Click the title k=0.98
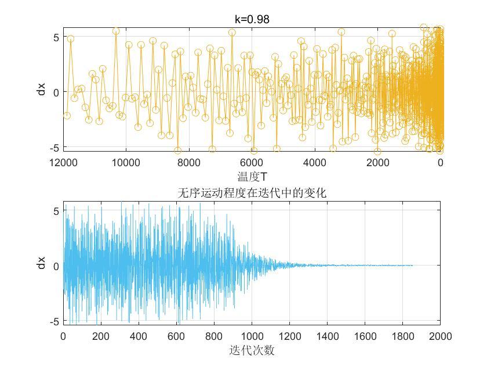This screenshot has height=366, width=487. (252, 19)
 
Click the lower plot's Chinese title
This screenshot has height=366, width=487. (252, 193)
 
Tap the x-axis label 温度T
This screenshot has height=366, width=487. (252, 177)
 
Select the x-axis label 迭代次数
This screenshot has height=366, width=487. (252, 350)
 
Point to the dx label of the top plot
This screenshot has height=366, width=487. (41, 89)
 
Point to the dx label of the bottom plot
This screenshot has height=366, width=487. (41, 263)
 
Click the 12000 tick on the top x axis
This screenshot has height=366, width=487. (63, 163)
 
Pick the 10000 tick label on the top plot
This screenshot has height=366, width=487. (126, 163)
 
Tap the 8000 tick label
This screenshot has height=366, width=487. (189, 163)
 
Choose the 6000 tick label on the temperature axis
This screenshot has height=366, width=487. (252, 163)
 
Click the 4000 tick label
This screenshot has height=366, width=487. (315, 163)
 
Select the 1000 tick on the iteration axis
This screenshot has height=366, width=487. (252, 336)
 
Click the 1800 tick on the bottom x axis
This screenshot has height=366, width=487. (403, 336)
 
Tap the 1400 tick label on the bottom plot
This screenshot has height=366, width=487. (328, 336)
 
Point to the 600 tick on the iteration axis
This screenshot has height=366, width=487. (176, 336)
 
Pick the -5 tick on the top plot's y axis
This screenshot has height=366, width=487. (54, 148)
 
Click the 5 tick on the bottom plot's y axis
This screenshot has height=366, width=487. (56, 211)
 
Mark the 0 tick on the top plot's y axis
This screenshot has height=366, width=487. (56, 92)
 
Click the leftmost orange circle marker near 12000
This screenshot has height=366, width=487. (67, 116)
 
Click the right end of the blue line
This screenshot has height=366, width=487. (412, 265)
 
